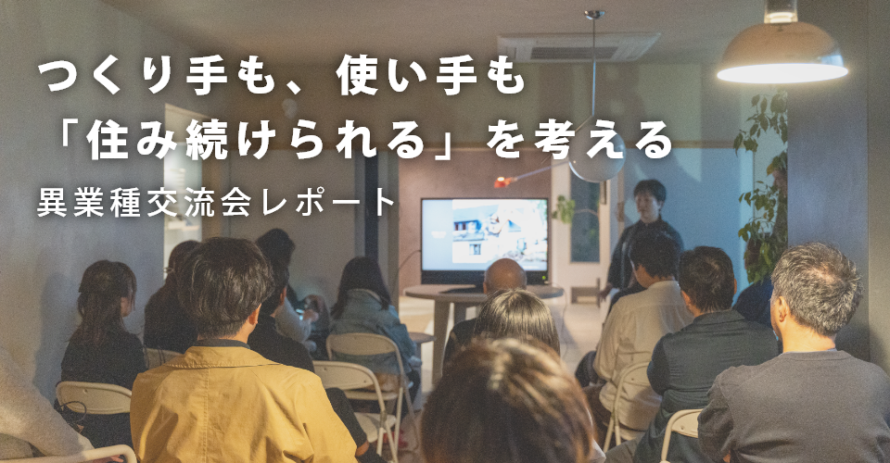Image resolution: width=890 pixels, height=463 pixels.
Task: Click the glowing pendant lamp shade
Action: point(782,58)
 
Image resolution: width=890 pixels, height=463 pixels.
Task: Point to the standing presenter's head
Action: point(650,198)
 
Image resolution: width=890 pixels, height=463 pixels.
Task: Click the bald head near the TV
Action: point(505,277)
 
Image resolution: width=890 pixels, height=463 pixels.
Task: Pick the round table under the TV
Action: point(482,294)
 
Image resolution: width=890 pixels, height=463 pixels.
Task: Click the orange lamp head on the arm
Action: point(502,182)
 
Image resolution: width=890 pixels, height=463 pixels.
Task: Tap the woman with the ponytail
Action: point(102,324)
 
